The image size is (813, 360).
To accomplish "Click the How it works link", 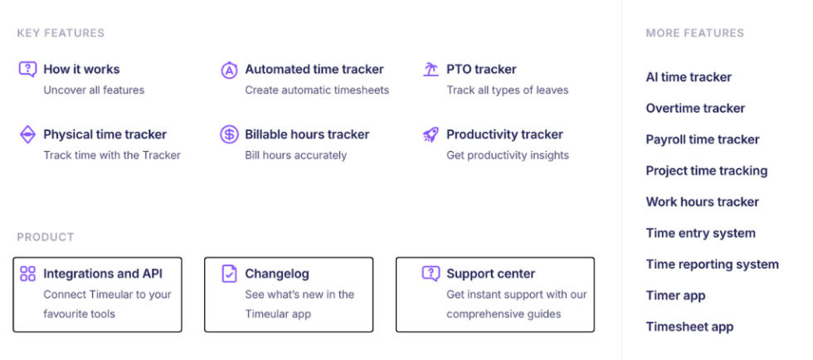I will (81, 70).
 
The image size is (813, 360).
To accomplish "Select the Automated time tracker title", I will (314, 70).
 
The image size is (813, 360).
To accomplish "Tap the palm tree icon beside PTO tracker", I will (431, 70).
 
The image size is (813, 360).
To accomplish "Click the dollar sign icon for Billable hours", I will (229, 134).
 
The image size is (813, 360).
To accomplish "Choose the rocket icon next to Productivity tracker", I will (431, 134).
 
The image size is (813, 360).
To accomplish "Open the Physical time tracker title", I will (105, 134).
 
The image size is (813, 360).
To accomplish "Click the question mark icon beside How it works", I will (27, 70).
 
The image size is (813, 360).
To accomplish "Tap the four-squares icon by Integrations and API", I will (27, 274).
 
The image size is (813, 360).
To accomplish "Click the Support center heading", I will (490, 274).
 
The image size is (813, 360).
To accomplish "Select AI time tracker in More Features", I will (689, 77).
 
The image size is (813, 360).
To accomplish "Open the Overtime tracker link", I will (695, 109).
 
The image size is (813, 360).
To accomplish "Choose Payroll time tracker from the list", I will (703, 139).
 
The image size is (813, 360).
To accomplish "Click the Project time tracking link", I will (707, 171).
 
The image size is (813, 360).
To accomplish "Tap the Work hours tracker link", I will (702, 202).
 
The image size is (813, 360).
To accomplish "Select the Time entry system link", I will (700, 233).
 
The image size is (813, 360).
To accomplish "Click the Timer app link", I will (675, 295).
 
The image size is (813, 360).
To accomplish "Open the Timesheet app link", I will (689, 327).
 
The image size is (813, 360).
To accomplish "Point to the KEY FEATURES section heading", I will (61, 33).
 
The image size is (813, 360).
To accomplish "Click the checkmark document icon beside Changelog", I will (229, 274).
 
